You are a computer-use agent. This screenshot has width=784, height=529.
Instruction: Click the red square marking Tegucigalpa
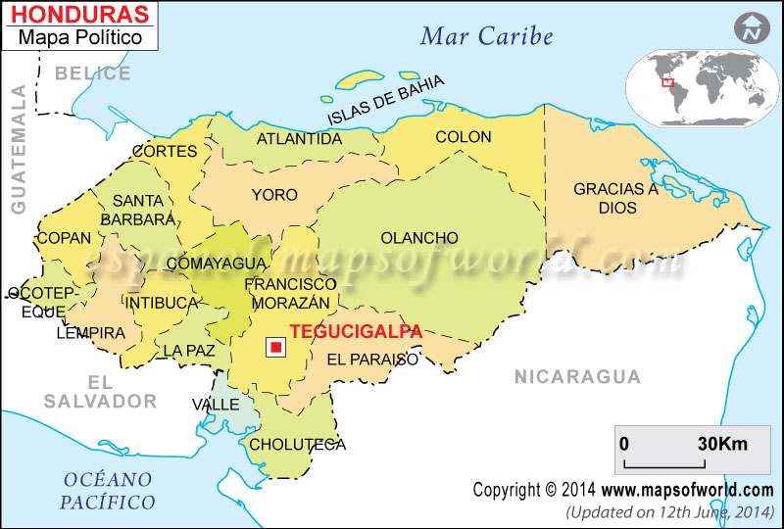(276, 347)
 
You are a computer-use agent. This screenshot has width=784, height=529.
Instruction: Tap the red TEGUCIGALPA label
(357, 331)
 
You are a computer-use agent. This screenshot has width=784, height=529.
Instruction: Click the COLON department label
(463, 137)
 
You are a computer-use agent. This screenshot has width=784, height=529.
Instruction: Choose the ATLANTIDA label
(299, 139)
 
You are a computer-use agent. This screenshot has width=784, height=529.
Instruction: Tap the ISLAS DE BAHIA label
(385, 101)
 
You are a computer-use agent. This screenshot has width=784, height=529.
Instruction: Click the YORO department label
(274, 195)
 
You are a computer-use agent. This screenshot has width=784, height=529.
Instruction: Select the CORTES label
(165, 152)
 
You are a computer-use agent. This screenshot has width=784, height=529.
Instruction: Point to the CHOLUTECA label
(298, 444)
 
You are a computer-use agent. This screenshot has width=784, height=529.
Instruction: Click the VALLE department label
(216, 404)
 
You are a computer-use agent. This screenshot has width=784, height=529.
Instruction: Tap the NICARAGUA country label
(577, 376)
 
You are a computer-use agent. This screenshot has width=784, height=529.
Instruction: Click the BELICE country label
(92, 73)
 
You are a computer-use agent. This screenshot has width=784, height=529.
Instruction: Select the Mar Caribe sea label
(486, 37)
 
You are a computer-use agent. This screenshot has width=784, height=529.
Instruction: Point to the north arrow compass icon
(752, 27)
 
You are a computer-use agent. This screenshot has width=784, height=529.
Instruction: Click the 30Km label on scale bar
(721, 443)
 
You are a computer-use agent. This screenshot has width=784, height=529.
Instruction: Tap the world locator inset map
(698, 87)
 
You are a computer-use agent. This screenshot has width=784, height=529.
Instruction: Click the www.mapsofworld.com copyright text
(687, 490)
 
